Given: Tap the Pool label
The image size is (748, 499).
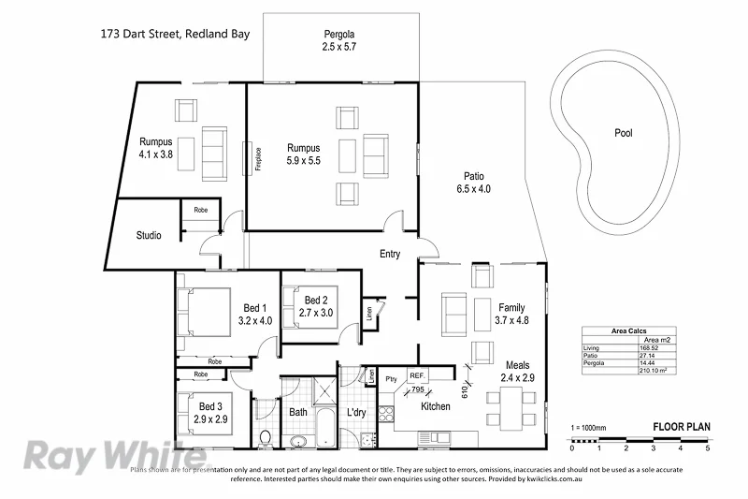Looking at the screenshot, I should (x=623, y=133).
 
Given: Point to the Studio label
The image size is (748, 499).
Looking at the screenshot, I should (x=149, y=235).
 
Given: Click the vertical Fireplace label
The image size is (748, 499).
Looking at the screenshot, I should (x=257, y=160).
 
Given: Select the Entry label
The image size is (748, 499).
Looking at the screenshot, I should (x=390, y=255).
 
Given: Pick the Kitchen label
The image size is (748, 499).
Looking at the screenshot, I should (x=435, y=406).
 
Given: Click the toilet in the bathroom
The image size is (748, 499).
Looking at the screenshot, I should (x=265, y=436).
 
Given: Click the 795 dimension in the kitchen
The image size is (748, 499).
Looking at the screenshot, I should (x=418, y=389).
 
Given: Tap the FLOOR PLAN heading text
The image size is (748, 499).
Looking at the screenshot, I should (x=681, y=427).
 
